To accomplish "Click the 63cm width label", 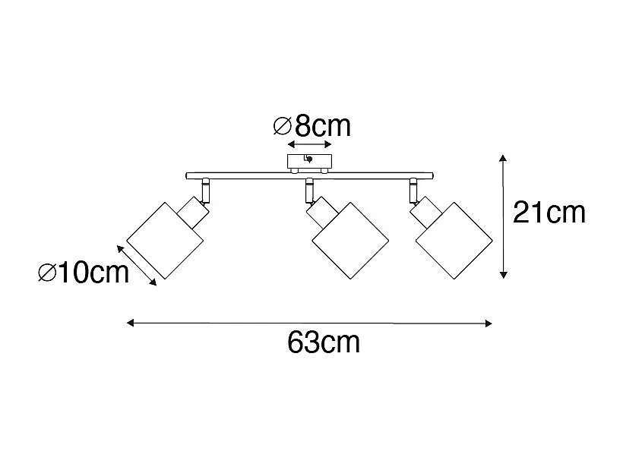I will click(x=324, y=343).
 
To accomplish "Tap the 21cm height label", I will click(x=549, y=213).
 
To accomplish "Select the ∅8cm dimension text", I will click(x=311, y=126).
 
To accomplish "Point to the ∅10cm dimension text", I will click(x=84, y=272).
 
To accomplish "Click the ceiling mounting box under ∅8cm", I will click(x=309, y=162).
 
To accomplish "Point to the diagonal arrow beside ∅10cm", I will click(x=138, y=265).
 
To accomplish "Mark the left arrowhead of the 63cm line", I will click(x=129, y=323).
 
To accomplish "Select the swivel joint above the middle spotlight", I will click(x=309, y=190).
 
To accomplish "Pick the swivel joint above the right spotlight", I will click(x=413, y=190).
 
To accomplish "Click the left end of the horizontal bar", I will click(x=189, y=176).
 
